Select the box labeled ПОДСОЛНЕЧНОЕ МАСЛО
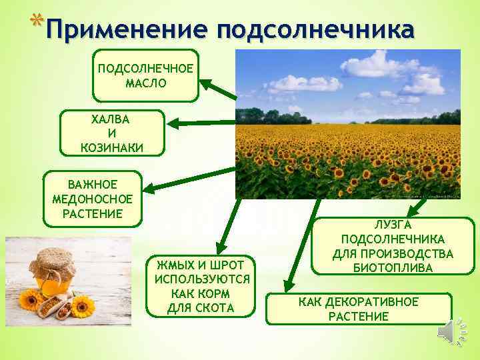coord(145,75)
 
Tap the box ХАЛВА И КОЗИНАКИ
coord(111,133)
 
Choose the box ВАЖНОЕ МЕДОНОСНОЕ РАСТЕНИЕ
coord(91,199)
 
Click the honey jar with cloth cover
coord(47,273)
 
